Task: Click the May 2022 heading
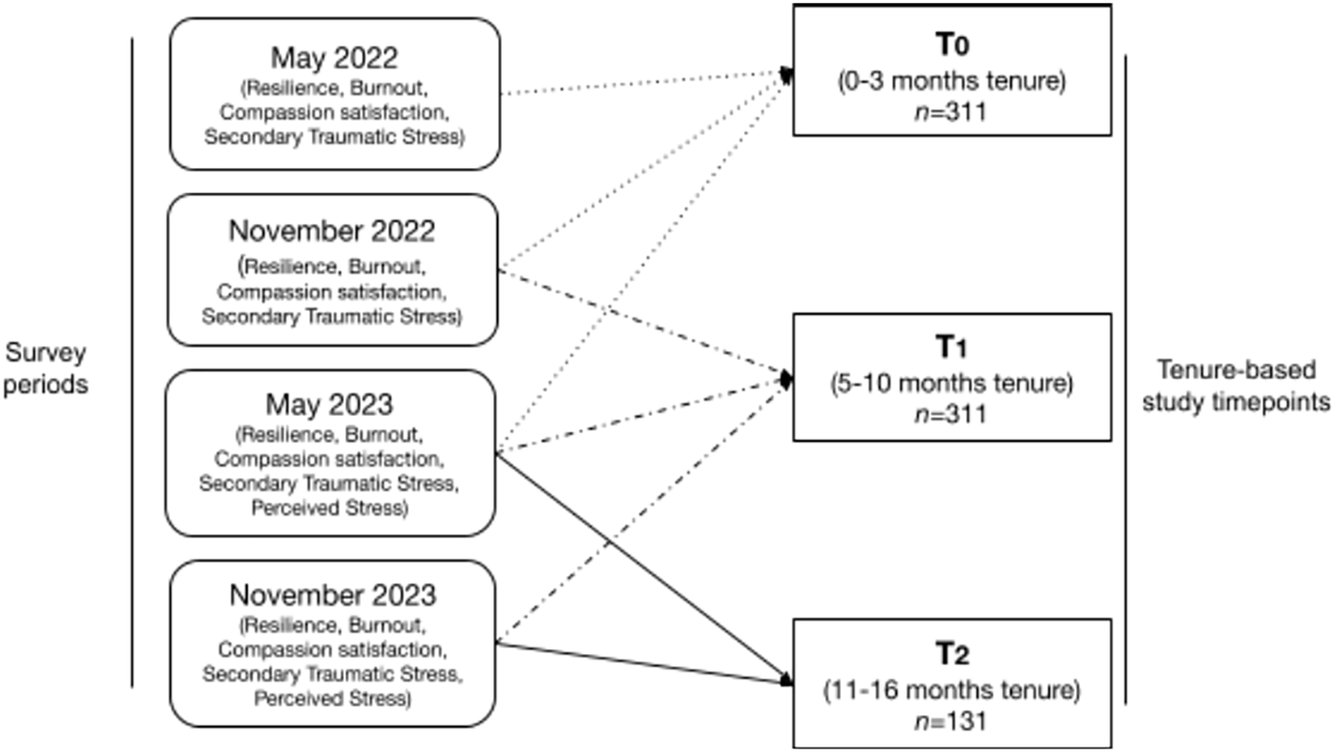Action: (x=335, y=59)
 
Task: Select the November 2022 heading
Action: (x=334, y=231)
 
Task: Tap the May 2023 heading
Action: (x=331, y=403)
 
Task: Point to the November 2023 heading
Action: (x=334, y=596)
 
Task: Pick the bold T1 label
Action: (x=952, y=350)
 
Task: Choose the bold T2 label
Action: (x=952, y=654)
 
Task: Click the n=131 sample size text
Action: (x=952, y=721)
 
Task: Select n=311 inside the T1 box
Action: (x=952, y=414)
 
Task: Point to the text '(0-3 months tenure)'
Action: (x=952, y=82)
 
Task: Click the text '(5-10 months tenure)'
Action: (x=952, y=384)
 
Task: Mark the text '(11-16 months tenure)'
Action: (x=952, y=691)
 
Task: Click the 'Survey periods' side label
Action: (x=46, y=369)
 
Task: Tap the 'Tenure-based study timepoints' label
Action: (x=1243, y=386)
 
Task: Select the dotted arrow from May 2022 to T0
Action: (x=643, y=83)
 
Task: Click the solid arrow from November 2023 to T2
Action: (x=643, y=662)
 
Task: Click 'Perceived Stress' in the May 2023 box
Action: (x=330, y=509)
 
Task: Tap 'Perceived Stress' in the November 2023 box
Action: (x=334, y=700)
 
